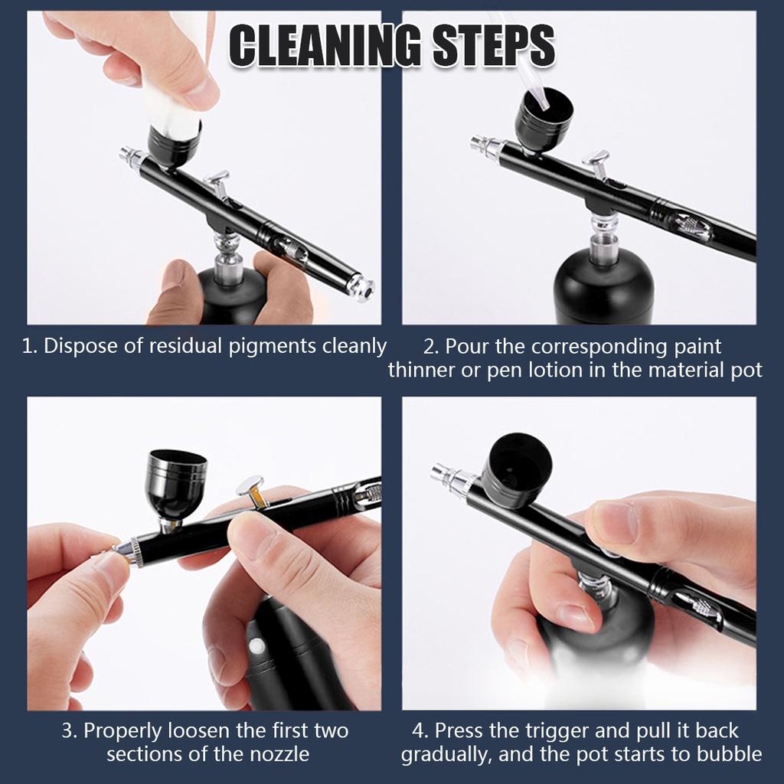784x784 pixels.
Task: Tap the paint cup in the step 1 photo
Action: (174, 143)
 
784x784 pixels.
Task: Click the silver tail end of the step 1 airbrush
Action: (360, 287)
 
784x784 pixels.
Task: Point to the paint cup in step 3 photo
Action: (177, 482)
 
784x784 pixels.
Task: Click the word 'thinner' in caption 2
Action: (424, 371)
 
